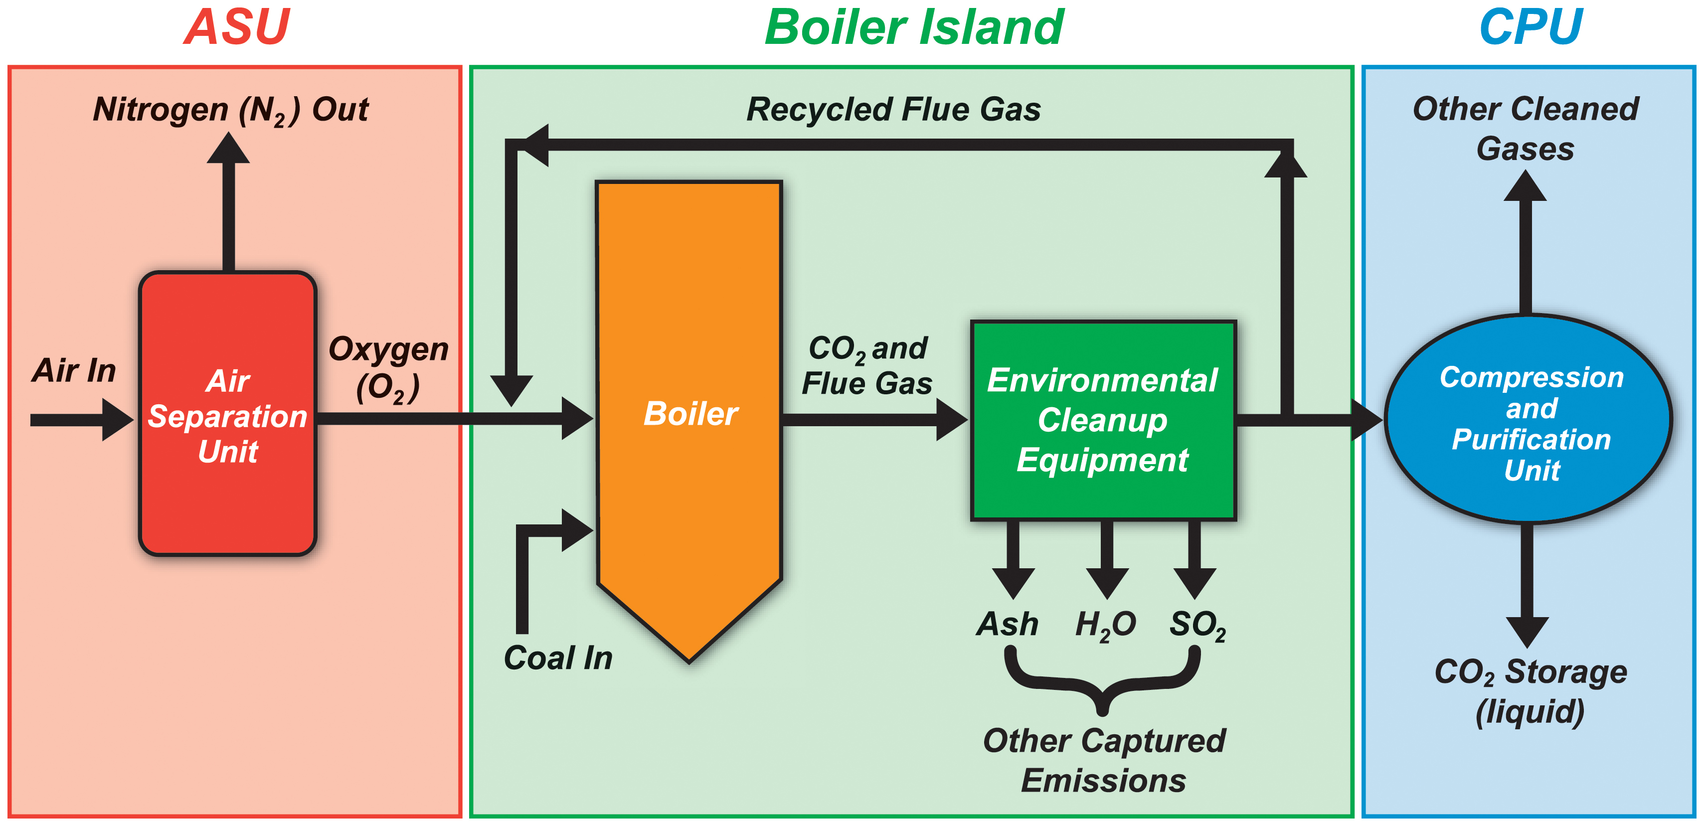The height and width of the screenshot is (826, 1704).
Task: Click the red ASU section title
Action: pyautogui.click(x=236, y=28)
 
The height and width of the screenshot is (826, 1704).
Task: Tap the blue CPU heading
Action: pyautogui.click(x=1530, y=28)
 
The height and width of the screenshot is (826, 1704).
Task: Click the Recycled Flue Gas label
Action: pyautogui.click(x=893, y=110)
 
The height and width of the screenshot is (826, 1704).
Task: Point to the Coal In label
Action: pyautogui.click(x=558, y=658)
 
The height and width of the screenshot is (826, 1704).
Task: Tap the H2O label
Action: pyautogui.click(x=1105, y=625)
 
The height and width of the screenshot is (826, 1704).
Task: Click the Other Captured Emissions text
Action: pyautogui.click(x=1103, y=761)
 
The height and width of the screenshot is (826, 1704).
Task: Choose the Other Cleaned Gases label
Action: pyautogui.click(x=1526, y=129)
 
